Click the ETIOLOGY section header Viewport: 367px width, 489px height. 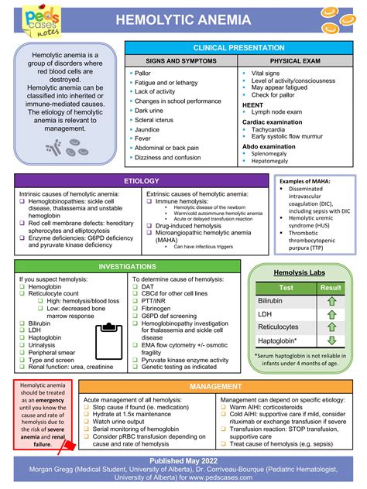[142, 180]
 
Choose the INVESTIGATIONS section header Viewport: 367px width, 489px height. [128, 266]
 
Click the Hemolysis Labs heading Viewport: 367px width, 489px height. [300, 272]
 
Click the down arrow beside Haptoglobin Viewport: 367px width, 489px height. [331, 340]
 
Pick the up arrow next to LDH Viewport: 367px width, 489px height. [331, 313]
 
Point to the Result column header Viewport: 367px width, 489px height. [331, 287]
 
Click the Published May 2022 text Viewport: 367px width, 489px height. [183, 461]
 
